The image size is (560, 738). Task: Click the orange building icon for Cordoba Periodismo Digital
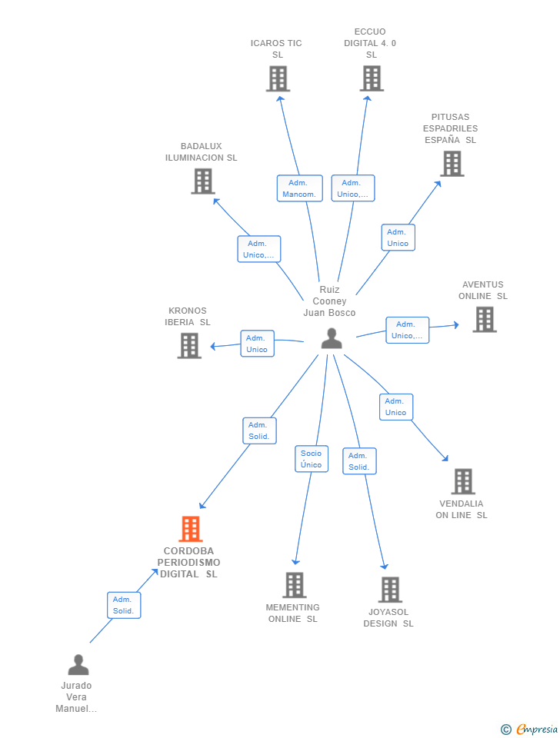pyautogui.click(x=191, y=529)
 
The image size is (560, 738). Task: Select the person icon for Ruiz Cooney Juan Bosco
pyautogui.click(x=332, y=338)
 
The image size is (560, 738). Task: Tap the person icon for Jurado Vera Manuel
pyautogui.click(x=78, y=664)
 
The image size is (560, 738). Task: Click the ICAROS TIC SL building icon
pyautogui.click(x=278, y=78)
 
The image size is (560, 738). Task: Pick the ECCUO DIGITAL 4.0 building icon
pyautogui.click(x=372, y=78)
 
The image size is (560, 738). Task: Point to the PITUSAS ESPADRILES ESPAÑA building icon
pyautogui.click(x=452, y=164)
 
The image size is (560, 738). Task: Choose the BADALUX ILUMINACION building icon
pyautogui.click(x=203, y=181)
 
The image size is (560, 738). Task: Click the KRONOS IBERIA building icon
pyautogui.click(x=189, y=346)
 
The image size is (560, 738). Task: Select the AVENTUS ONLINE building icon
pyautogui.click(x=485, y=320)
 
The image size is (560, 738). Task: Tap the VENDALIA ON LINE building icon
pyautogui.click(x=463, y=481)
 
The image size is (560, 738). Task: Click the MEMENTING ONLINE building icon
pyautogui.click(x=295, y=585)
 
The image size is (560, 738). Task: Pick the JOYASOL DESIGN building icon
pyautogui.click(x=390, y=590)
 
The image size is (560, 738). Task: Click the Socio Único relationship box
pyautogui.click(x=312, y=459)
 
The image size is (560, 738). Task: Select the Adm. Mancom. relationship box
pyautogui.click(x=299, y=188)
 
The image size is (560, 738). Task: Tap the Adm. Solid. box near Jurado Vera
pyautogui.click(x=124, y=605)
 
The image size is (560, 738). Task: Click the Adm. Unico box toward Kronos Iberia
pyautogui.click(x=257, y=344)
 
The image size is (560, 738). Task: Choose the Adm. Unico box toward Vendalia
pyautogui.click(x=396, y=407)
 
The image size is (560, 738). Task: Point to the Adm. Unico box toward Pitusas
pyautogui.click(x=398, y=238)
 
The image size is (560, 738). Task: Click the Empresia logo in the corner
pyautogui.click(x=529, y=729)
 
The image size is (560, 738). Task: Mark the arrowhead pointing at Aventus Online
pyautogui.click(x=456, y=324)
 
